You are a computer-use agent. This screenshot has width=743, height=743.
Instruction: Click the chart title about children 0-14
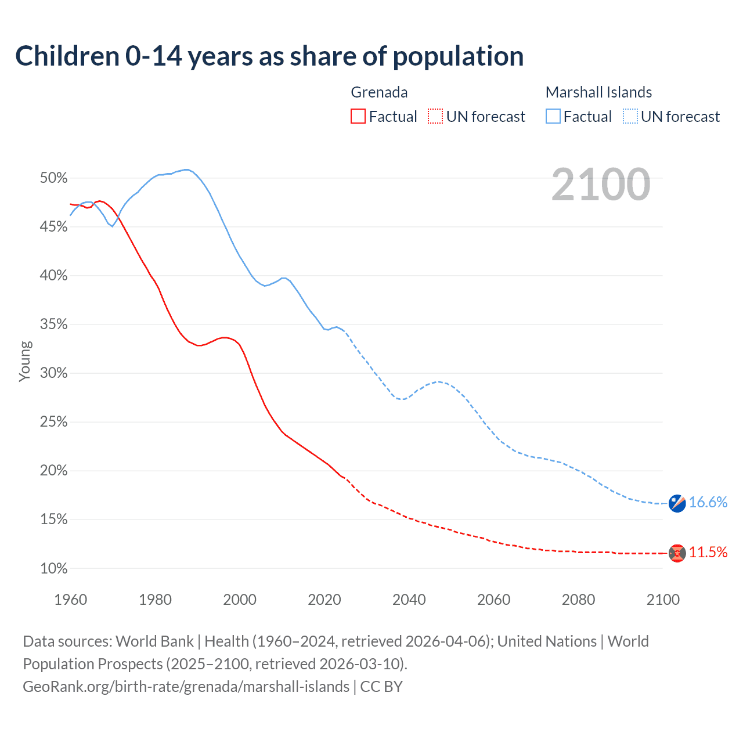pos(269,56)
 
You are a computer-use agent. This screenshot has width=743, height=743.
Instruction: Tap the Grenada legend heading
pos(379,92)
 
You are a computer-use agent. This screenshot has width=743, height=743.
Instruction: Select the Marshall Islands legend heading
pos(598,92)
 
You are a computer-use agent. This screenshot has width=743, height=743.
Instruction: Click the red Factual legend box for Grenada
pos(358,117)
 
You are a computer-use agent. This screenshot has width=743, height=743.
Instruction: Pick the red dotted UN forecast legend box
pos(435,117)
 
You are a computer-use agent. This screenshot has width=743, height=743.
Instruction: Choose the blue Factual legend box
pos(553,117)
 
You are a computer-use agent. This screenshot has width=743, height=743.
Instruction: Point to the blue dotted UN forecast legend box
pos(630,117)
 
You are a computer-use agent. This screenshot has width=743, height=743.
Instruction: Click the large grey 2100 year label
pos(601,185)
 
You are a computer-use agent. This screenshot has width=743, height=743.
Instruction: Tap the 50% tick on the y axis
pos(54,178)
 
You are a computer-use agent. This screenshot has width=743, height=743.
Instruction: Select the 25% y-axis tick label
pos(54,422)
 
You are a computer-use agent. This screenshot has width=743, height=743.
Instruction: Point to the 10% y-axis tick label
pos(54,569)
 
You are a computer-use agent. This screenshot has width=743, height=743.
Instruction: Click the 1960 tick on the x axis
pos(70,600)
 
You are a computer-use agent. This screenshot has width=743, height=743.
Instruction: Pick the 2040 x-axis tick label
pos(409,600)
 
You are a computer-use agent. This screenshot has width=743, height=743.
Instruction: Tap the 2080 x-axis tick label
pos(578,600)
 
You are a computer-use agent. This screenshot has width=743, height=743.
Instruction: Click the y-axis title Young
pos(25,361)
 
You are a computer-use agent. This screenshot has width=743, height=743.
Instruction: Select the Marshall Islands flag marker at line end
pos(677,503)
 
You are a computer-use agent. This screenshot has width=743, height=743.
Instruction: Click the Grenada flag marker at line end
pos(677,553)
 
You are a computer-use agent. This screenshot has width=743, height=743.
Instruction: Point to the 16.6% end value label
pos(708,503)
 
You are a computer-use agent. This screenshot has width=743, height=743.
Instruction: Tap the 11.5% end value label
pos(708,553)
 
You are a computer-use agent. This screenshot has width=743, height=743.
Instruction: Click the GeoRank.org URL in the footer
pos(186,687)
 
